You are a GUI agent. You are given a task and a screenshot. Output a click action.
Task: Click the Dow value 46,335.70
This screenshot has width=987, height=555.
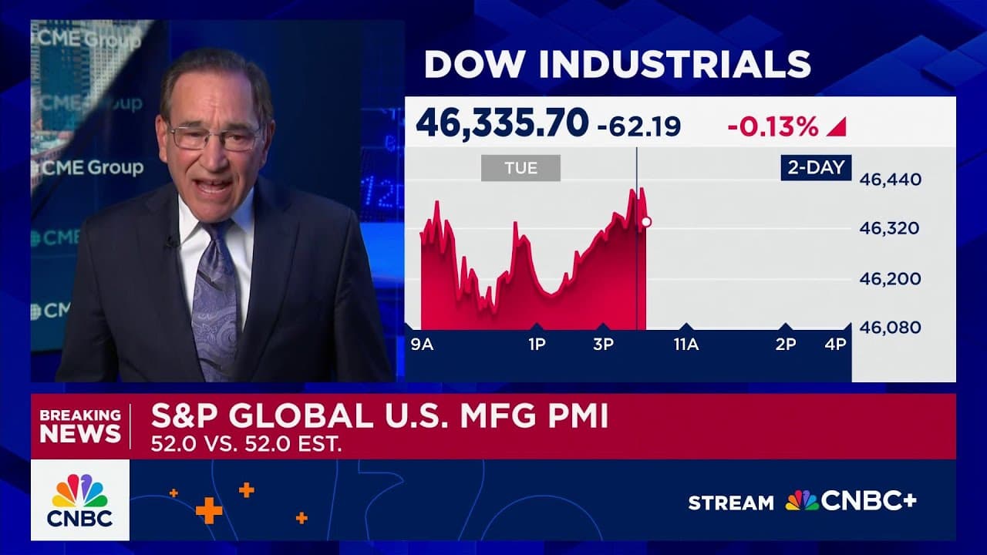(x=501, y=123)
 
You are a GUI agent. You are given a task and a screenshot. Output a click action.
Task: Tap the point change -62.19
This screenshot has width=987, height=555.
(x=639, y=126)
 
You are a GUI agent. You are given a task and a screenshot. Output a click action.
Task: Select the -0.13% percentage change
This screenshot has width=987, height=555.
(x=773, y=126)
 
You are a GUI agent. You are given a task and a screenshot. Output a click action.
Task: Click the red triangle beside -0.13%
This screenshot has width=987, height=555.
(x=837, y=127)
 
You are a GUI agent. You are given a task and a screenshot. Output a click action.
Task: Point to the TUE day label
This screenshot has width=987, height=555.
(x=520, y=168)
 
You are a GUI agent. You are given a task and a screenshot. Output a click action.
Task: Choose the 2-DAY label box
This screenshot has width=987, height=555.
(x=816, y=166)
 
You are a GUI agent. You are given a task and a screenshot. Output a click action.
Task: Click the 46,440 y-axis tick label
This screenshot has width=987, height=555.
(x=891, y=180)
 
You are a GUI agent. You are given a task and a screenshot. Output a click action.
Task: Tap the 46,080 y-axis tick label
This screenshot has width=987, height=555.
(x=891, y=328)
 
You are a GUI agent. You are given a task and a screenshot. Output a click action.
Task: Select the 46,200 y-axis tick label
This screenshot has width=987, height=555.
(x=891, y=278)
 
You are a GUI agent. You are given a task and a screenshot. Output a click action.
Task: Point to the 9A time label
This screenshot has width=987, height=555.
(x=422, y=345)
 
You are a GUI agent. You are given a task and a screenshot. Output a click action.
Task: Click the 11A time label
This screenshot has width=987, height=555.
(x=686, y=345)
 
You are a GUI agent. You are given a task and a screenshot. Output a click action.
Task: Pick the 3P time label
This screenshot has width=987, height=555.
(x=603, y=345)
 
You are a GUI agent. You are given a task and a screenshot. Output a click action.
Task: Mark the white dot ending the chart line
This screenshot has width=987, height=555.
(x=646, y=222)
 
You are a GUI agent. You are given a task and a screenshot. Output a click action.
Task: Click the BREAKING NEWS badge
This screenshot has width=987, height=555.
(x=80, y=425)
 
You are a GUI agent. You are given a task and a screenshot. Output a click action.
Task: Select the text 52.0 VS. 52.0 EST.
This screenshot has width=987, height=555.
(x=246, y=445)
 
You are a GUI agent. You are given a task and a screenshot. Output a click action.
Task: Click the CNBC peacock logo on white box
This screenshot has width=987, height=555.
(x=80, y=499)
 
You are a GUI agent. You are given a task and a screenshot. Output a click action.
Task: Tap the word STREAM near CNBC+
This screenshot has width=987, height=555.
(x=730, y=503)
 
